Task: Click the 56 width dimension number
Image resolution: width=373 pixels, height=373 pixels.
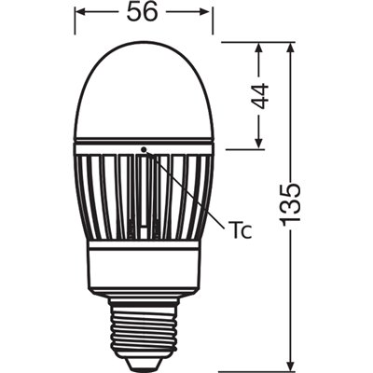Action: (x=143, y=13)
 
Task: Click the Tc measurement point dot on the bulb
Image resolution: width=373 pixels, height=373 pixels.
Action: (x=144, y=148)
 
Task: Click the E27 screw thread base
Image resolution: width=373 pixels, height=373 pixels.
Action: (x=143, y=322)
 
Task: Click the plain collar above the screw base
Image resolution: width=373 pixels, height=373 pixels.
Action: (x=144, y=266)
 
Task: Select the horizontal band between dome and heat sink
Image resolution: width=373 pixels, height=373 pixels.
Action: (x=144, y=145)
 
